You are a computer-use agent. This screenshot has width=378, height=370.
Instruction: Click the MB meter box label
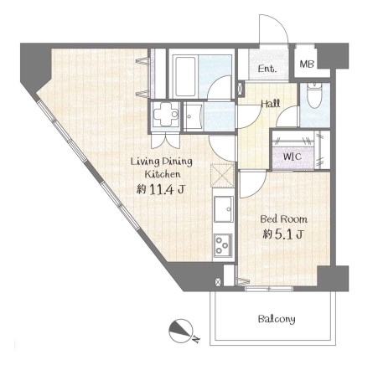coord(307,64)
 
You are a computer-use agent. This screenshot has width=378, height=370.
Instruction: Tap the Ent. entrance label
coord(267,69)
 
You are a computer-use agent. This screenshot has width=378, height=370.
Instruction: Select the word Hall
coord(271,104)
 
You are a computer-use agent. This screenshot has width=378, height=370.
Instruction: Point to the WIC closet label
coord(293,157)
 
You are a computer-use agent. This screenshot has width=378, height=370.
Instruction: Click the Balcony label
coord(277,319)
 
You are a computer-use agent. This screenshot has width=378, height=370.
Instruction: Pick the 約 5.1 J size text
coord(282,234)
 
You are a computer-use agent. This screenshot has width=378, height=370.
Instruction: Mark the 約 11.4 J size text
coord(160,190)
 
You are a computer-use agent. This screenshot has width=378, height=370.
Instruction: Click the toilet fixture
coord(314,95)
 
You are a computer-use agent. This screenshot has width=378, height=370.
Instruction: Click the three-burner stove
coord(223,245)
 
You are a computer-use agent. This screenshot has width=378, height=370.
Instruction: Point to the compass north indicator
coord(181,331)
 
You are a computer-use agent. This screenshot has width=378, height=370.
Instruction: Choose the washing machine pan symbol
coord(165,116)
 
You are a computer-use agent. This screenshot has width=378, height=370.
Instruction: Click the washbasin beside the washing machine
coord(194,116)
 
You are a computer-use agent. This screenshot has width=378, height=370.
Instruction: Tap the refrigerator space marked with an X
coord(222,176)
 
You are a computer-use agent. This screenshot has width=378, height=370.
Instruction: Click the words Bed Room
coord(283,219)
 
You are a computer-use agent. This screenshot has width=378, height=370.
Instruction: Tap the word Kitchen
coord(163,174)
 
